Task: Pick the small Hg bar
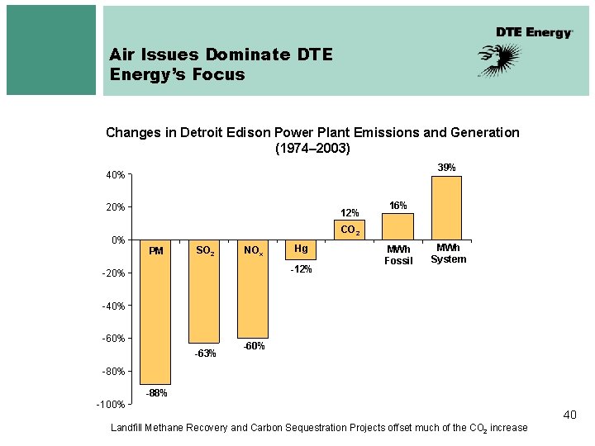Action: click(x=300, y=249)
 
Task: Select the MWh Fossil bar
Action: click(x=398, y=226)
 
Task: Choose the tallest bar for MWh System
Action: click(x=447, y=206)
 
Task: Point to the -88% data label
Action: click(x=156, y=393)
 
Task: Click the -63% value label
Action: click(x=205, y=353)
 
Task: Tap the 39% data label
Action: click(x=446, y=167)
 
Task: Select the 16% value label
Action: click(x=398, y=205)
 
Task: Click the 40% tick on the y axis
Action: click(x=115, y=175)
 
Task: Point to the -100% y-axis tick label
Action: click(x=110, y=404)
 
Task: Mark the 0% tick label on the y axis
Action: click(x=117, y=240)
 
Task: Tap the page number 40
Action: click(x=569, y=415)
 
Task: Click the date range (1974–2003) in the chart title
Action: click(x=312, y=149)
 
